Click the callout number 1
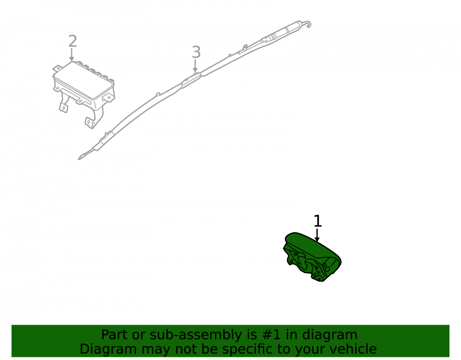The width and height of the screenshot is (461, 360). click(318, 221)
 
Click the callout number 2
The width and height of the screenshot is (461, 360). click(73, 41)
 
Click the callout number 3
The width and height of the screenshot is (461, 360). click(196, 52)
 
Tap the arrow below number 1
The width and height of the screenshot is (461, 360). click(317, 235)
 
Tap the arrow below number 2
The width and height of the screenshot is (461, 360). click(71, 55)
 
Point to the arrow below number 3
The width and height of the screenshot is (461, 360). click(195, 65)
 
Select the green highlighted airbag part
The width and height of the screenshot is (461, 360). click(312, 257)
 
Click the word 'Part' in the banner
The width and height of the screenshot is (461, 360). click(115, 335)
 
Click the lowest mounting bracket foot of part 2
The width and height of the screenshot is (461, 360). click(90, 123)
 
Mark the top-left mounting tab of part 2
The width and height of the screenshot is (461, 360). click(56, 69)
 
